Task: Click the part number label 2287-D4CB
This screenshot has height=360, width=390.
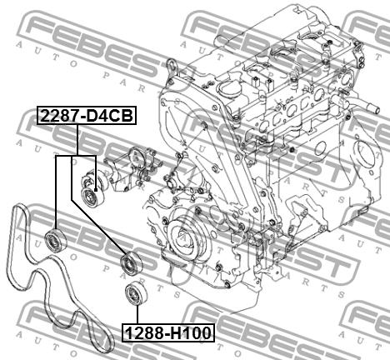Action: click(x=87, y=115)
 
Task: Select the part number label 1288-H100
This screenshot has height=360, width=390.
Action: click(x=168, y=332)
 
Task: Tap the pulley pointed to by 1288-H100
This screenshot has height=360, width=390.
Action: click(x=137, y=293)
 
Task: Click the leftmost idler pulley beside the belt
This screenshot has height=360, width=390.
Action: click(x=56, y=239)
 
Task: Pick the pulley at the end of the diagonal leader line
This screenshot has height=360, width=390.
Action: click(x=131, y=262)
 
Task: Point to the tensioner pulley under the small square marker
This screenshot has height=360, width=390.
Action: click(x=92, y=197)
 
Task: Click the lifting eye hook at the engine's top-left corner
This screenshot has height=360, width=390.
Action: click(x=172, y=66)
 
